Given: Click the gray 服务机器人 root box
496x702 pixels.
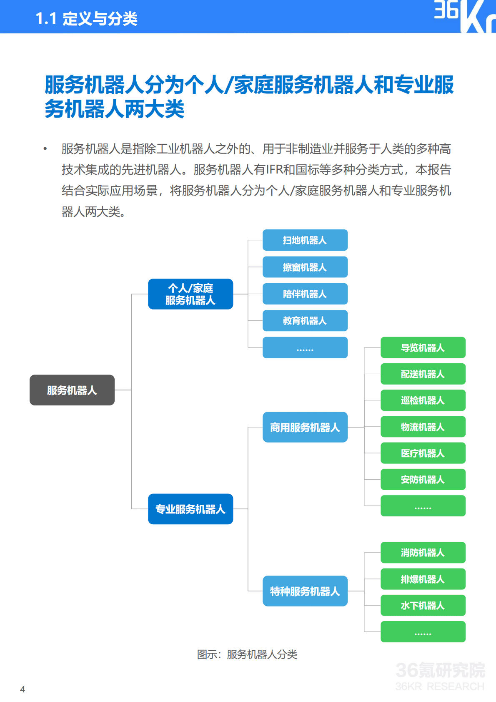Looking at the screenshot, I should click(72, 390).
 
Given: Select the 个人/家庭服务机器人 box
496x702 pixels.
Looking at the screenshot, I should click(190, 294).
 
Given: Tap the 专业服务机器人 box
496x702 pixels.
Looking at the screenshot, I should click(190, 509).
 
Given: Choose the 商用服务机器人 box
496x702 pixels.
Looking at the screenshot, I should click(305, 427).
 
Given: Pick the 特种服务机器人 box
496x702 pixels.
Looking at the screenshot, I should click(305, 591).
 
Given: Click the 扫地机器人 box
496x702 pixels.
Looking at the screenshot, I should click(305, 240).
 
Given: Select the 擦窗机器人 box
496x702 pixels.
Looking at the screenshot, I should click(305, 267).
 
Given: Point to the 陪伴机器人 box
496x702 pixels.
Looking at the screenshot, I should click(305, 294).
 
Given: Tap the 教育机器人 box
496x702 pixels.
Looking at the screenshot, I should click(305, 321).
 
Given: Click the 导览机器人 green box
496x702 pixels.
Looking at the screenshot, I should click(423, 347).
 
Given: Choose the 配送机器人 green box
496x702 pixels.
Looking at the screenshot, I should click(423, 374).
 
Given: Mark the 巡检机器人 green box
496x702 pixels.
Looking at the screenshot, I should click(423, 400).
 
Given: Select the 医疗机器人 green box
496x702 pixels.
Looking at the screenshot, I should click(423, 453).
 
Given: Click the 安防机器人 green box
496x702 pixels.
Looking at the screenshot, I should click(423, 480).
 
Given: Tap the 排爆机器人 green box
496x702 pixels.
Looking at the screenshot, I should click(423, 579).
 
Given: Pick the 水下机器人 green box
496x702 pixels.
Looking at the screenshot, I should click(423, 605).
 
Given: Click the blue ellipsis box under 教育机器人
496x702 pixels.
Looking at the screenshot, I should click(305, 347).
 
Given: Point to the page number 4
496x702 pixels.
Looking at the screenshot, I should click(23, 689).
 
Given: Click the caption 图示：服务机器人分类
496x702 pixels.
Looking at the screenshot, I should click(247, 654).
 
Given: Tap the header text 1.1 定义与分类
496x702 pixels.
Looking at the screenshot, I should click(87, 18).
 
